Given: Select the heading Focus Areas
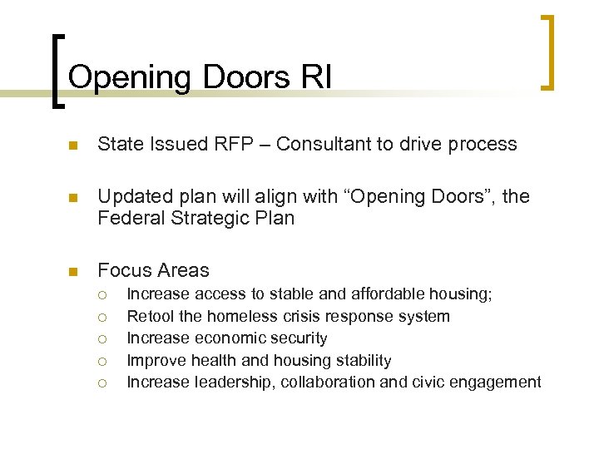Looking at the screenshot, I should click(x=154, y=270).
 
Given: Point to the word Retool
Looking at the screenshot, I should click(x=151, y=316).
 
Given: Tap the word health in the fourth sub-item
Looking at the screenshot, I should click(x=215, y=361).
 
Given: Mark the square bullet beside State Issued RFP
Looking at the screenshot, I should click(x=72, y=146).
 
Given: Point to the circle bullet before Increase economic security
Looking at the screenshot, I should click(x=101, y=339).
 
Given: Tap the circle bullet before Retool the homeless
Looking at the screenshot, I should click(x=101, y=317).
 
